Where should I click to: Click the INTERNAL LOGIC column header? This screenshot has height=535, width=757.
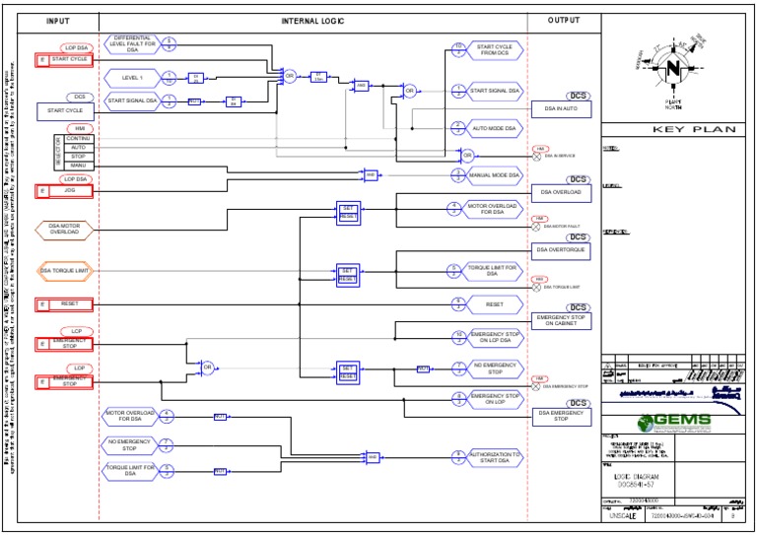[x=313, y=21]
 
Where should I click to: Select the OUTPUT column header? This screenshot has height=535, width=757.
[x=564, y=21]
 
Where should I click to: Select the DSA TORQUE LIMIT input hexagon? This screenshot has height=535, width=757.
[x=65, y=270]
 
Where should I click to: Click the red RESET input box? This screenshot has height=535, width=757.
[x=65, y=304]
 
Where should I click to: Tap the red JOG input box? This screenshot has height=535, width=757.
[x=65, y=191]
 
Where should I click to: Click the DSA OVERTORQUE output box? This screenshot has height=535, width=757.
[x=561, y=250]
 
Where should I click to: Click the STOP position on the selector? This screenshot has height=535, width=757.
[x=78, y=156]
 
